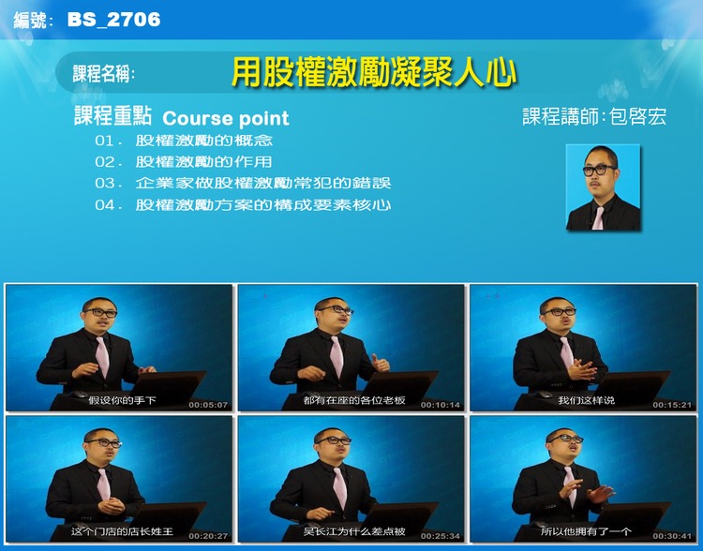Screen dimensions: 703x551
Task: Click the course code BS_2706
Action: pos(113,20)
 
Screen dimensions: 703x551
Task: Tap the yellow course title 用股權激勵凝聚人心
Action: pos(374,72)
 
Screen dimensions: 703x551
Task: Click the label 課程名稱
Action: pos(102,73)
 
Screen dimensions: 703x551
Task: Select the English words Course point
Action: pos(226,118)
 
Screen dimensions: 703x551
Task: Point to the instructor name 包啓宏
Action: pos(638,116)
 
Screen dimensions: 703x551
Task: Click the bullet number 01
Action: pos(104,141)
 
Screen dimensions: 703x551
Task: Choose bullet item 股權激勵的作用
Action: pos(203,161)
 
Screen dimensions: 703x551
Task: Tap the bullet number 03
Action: pos(105,184)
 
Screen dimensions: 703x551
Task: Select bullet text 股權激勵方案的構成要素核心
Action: pos(263,205)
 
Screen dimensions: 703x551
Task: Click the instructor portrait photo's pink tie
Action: pos(599,217)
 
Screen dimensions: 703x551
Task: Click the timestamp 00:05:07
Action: pos(208,405)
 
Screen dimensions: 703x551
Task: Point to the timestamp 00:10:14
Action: pos(441,405)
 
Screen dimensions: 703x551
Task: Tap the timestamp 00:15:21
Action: pos(672,405)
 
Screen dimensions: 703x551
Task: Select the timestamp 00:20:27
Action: pos(208,536)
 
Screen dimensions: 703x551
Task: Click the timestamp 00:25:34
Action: pos(441,536)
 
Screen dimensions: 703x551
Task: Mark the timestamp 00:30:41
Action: pos(672,536)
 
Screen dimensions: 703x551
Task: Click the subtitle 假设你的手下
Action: pos(122,400)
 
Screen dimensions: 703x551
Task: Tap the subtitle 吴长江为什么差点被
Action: pos(354,531)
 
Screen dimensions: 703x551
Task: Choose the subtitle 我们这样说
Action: pos(586,400)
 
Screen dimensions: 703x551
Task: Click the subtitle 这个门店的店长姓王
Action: pos(122,531)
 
